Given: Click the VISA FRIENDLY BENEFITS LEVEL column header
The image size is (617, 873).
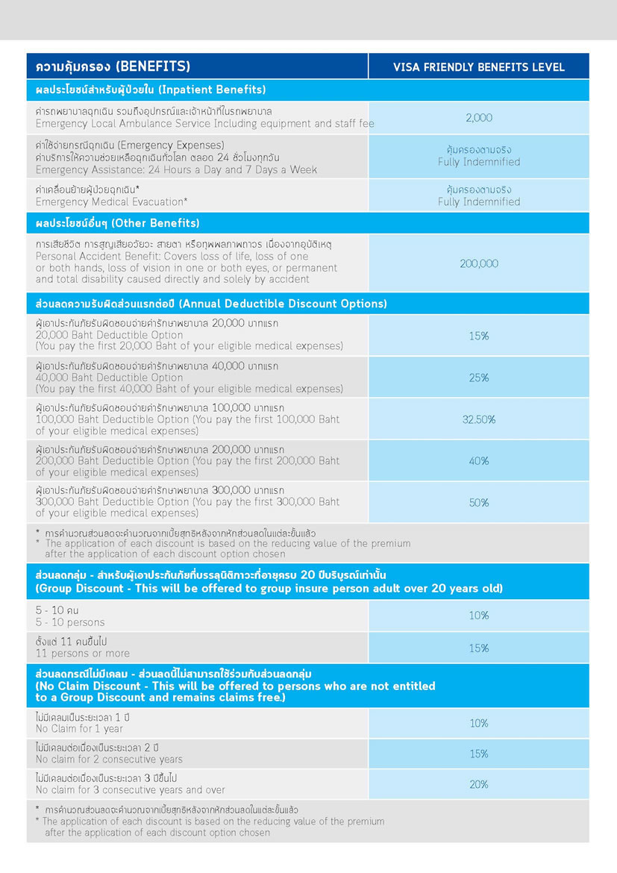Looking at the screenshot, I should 478,67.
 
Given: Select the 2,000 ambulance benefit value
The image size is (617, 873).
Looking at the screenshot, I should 478,118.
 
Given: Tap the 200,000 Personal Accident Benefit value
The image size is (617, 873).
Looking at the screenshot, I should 478,263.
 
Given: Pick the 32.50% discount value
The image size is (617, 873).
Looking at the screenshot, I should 478,419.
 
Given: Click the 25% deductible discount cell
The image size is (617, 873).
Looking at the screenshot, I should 478,378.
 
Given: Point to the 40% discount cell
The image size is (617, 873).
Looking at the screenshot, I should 478,461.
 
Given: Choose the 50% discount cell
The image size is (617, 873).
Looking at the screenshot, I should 478,503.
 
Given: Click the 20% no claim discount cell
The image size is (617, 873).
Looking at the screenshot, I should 478,784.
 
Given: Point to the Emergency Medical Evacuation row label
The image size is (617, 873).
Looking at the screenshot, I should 112,201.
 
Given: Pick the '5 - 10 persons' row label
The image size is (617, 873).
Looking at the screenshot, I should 70,622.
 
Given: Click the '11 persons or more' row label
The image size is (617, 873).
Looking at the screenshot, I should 83,653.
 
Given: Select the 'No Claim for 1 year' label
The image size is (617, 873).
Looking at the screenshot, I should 79,728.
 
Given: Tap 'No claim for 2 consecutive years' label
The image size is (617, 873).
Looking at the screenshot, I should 109,759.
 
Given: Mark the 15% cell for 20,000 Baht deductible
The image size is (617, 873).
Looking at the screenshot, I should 478,336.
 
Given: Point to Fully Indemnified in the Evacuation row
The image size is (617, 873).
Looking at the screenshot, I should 478,201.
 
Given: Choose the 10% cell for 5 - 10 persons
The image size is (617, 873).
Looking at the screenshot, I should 478,616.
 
